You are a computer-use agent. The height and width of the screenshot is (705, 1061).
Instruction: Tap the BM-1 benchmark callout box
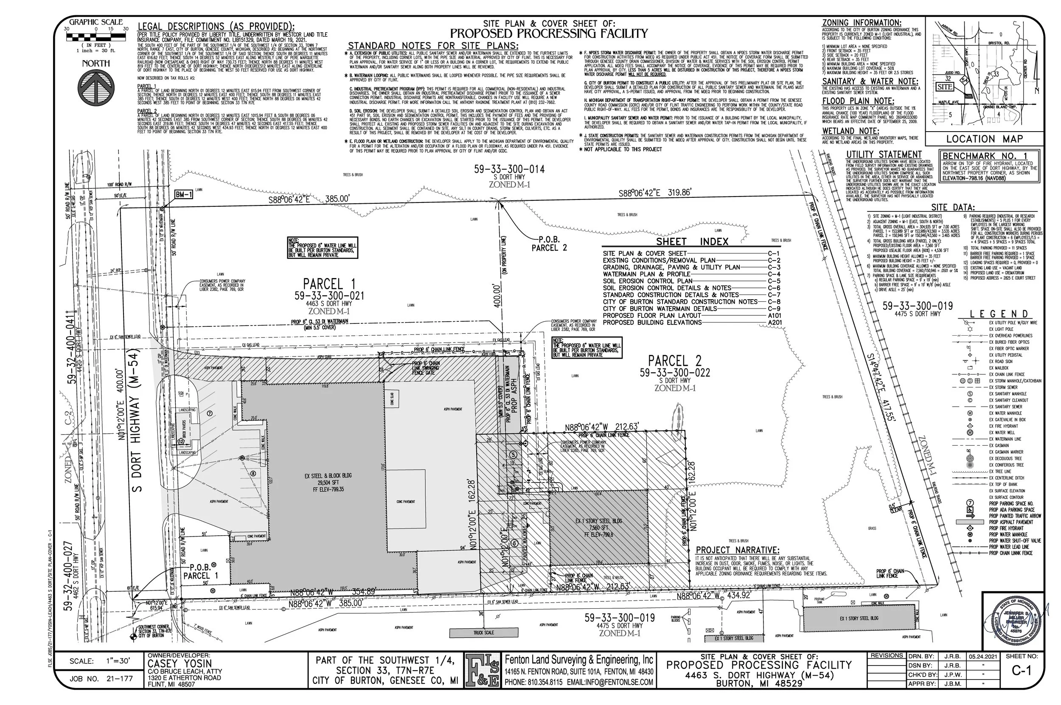(184, 195)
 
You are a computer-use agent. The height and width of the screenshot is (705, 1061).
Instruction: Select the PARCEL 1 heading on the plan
(329, 284)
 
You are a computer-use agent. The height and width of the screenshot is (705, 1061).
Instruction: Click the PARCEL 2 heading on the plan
(674, 361)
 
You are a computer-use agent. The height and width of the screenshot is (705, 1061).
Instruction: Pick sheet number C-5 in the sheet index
(774, 281)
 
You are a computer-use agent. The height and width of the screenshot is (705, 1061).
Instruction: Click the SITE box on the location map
(946, 86)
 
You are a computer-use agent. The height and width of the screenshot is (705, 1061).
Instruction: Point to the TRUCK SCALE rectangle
(483, 632)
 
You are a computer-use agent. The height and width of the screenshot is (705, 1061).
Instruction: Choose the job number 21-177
(121, 679)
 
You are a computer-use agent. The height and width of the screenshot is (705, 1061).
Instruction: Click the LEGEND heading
(999, 314)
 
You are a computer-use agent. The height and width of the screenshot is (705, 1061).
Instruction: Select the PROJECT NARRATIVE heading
(737, 550)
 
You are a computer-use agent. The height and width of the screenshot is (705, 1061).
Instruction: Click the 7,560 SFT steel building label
(598, 528)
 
